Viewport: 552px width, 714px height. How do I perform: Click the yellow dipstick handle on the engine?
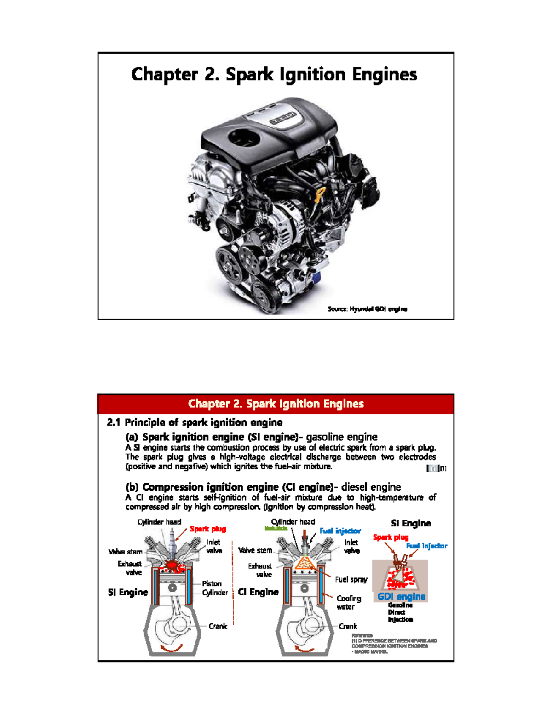[x=321, y=193]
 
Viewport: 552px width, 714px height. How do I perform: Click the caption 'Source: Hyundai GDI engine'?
[x=367, y=309]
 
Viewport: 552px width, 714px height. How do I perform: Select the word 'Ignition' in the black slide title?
[x=312, y=74]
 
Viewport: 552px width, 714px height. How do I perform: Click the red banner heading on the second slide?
[x=276, y=404]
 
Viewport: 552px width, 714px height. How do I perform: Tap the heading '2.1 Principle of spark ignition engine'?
[x=195, y=422]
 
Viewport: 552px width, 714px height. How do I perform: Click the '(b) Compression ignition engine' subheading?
[x=229, y=487]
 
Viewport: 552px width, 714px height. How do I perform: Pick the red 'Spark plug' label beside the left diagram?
[x=208, y=529]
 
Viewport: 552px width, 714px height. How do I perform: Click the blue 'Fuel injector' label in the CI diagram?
[x=340, y=531]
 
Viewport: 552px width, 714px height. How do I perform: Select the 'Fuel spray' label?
[x=351, y=579]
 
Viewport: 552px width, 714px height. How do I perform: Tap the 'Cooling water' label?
[x=348, y=602]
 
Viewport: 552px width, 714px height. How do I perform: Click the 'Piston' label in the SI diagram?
[x=212, y=583]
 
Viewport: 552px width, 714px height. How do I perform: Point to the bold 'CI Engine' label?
[x=258, y=592]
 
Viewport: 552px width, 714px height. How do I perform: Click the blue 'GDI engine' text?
[x=401, y=597]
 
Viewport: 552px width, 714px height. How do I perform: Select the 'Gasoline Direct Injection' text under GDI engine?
[x=400, y=612]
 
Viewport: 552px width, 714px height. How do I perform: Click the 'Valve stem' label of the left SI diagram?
[x=125, y=552]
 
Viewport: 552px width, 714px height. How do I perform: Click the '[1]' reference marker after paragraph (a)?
[x=442, y=468]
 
